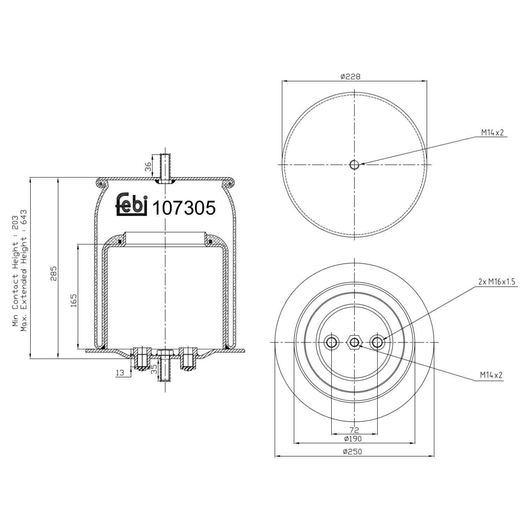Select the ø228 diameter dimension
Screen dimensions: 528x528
tap(350, 76)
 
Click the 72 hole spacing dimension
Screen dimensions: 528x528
tap(354, 430)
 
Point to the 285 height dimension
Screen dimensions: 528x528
tap(54, 273)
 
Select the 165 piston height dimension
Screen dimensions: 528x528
tap(74, 301)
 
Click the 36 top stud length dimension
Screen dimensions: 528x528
tap(148, 166)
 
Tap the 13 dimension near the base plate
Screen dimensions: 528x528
tap(120, 373)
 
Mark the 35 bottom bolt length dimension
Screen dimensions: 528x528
tap(154, 369)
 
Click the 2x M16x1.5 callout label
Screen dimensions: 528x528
tap(496, 282)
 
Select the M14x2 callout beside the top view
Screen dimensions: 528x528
tap(492, 133)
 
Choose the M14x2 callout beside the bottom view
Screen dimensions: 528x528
tap(491, 376)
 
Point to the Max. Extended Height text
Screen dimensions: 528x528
tap(24, 270)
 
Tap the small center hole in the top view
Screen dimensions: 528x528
tap(354, 164)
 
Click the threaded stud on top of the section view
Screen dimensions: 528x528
tap(165, 167)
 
